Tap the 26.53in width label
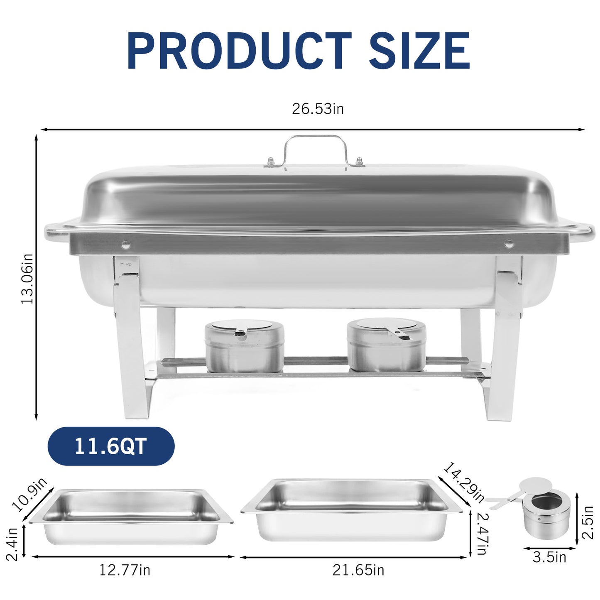(318, 109)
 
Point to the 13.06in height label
(27, 279)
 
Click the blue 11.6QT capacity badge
(111, 446)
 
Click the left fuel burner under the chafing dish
(244, 347)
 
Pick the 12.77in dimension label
(125, 570)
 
